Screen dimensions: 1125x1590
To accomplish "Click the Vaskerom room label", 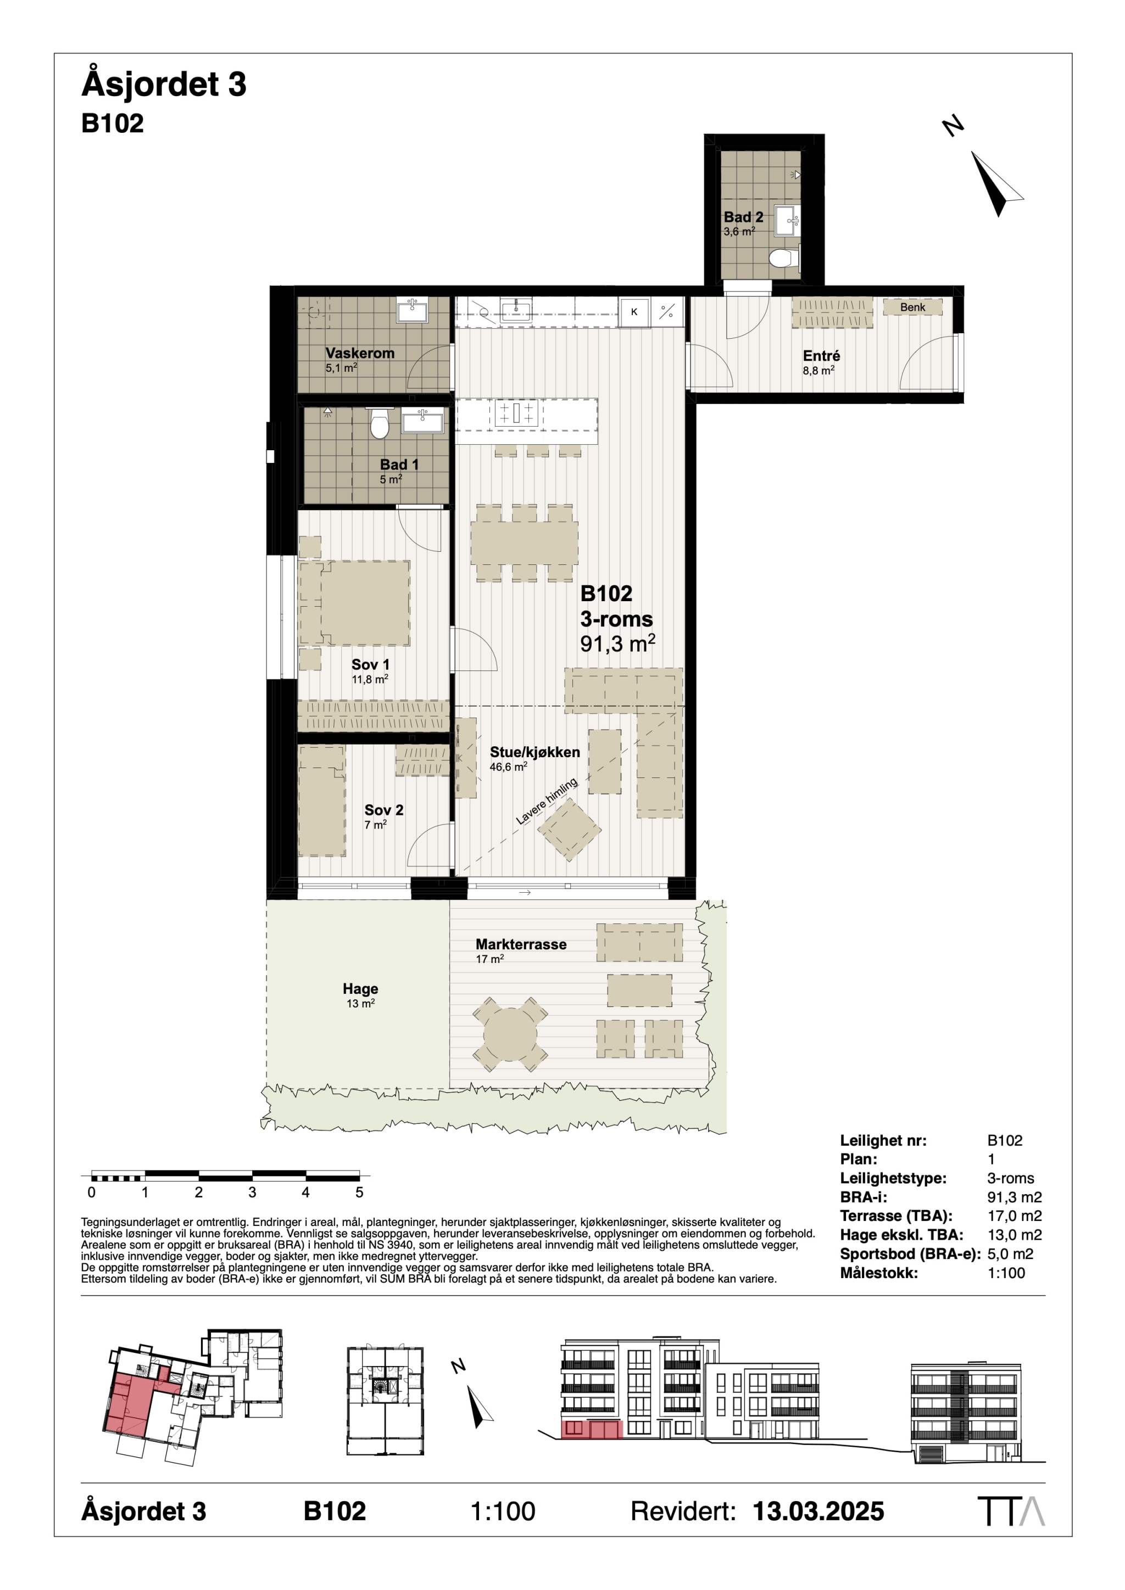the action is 360,353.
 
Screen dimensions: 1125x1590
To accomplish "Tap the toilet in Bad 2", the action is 783,258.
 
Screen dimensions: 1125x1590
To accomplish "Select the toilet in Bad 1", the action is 379,424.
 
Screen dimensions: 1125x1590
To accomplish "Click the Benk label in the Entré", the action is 912,307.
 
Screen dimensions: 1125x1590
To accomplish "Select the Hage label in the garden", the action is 360,989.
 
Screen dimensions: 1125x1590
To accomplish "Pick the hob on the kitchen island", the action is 516,413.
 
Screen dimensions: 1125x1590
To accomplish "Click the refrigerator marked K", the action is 634,312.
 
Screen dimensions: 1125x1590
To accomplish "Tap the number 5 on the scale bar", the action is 359,1193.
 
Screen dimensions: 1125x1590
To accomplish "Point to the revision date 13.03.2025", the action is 818,1511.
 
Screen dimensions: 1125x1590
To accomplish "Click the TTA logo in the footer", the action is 1011,1511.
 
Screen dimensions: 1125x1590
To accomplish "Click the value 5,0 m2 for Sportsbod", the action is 1010,1253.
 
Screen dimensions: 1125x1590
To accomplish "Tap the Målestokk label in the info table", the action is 878,1273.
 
